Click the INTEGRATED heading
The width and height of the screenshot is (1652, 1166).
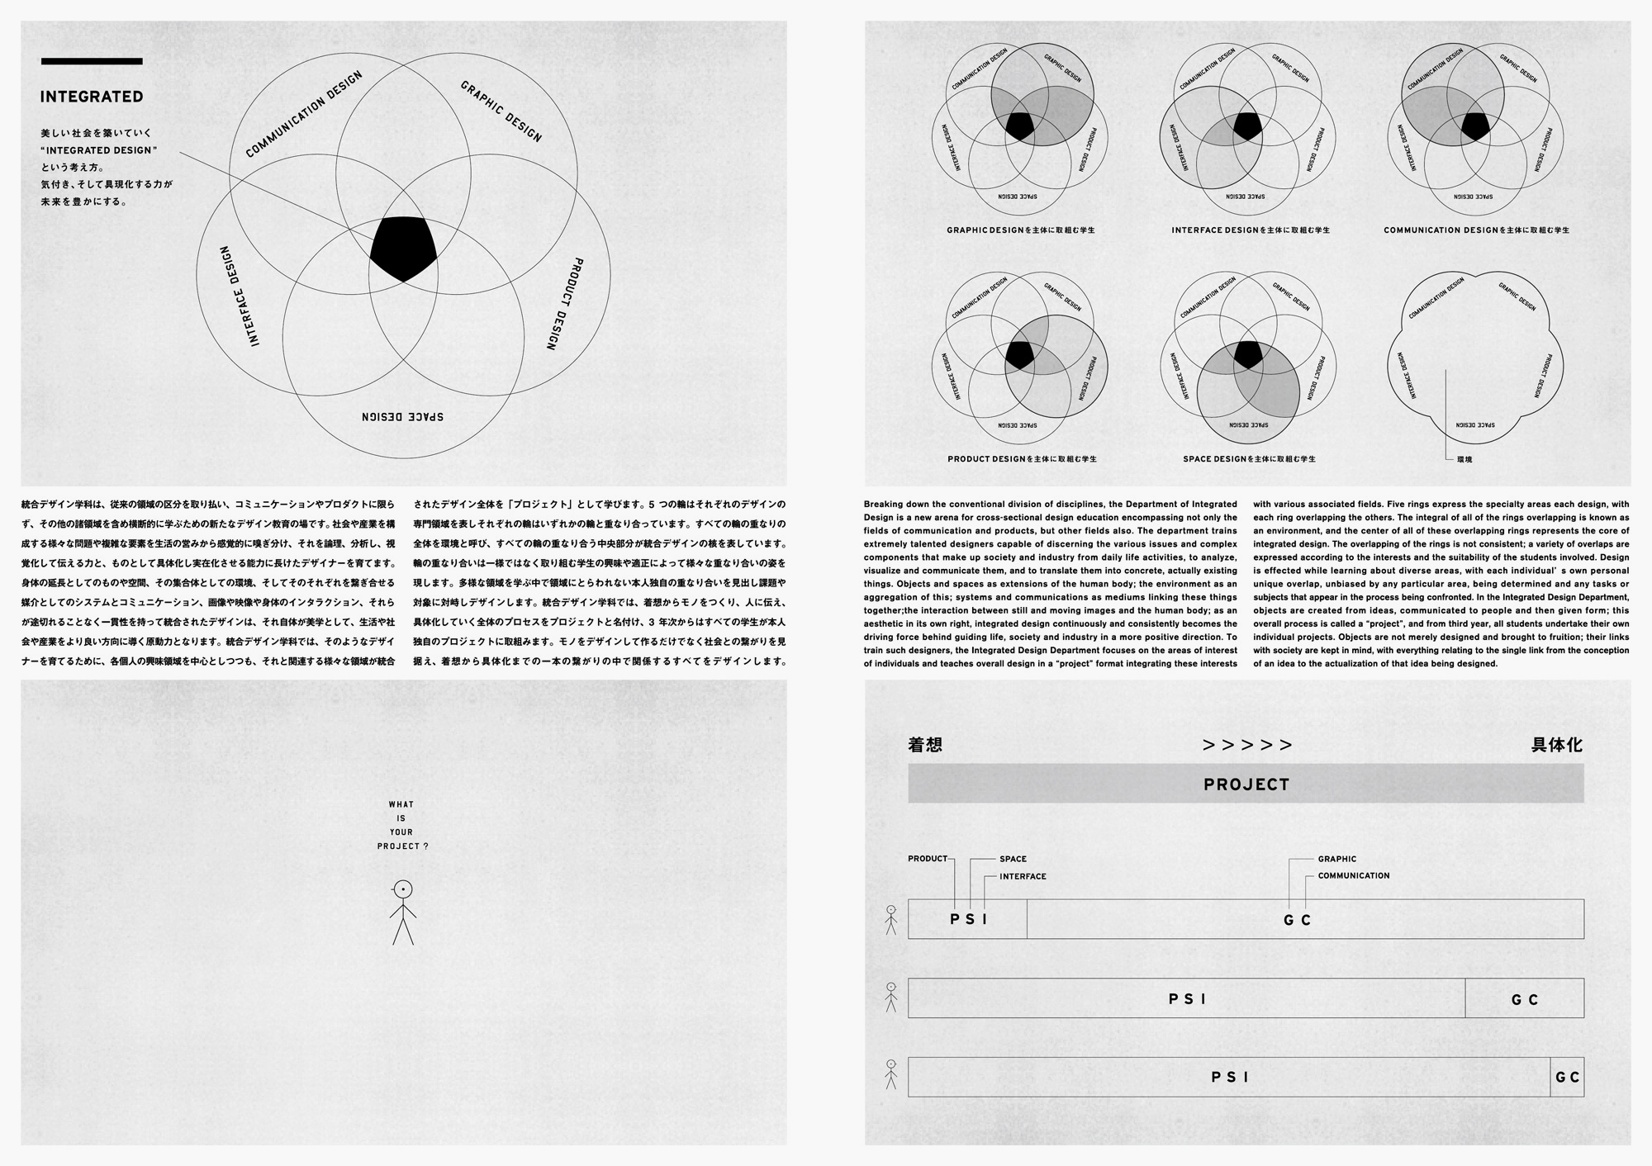coord(92,97)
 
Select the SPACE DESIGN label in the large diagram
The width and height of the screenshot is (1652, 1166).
coord(402,415)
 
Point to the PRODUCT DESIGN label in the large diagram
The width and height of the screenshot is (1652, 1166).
coord(565,304)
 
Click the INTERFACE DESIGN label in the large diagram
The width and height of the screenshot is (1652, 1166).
coord(240,296)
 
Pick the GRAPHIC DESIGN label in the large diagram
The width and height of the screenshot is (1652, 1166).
coord(501,111)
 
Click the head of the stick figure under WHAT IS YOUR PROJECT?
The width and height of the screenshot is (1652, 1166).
coord(402,890)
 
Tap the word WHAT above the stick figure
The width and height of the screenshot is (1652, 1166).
coord(401,804)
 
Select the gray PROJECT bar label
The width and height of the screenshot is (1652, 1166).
coord(1246,784)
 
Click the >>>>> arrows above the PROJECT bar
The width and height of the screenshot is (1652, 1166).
coord(1247,745)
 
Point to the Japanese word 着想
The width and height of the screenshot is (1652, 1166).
coord(925,745)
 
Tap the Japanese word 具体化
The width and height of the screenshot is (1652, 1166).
coord(1556,745)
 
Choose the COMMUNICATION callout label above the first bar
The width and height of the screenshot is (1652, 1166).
coord(1354,875)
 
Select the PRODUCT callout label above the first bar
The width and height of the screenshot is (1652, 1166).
coord(928,859)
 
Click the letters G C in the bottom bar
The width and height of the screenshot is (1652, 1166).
coord(1567,1078)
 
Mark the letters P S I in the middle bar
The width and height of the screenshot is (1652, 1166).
coord(1188,999)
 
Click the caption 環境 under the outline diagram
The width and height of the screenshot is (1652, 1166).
coord(1464,458)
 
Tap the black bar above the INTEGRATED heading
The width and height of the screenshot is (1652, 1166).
coord(92,61)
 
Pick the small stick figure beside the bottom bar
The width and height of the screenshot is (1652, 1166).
coord(890,1075)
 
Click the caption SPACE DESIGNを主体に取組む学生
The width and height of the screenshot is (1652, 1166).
coord(1249,458)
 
